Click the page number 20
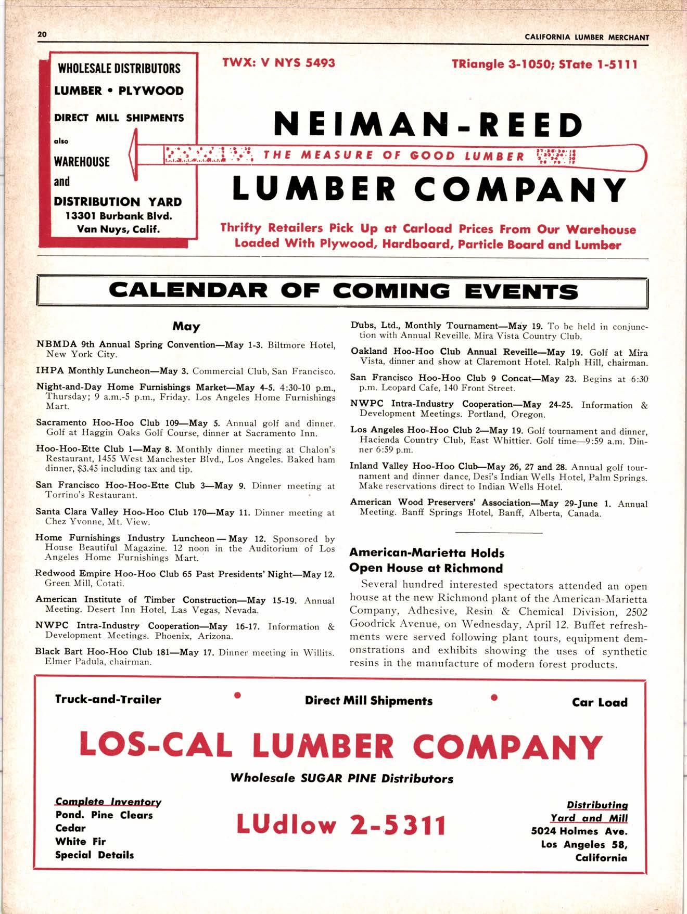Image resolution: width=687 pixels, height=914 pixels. coord(42,34)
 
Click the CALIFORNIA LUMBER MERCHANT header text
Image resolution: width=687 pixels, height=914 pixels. coord(587,37)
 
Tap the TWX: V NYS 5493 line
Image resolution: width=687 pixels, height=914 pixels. coord(278,63)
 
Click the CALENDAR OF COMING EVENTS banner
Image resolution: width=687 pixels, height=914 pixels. coord(343,291)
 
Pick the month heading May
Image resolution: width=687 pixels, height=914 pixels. coord(186,327)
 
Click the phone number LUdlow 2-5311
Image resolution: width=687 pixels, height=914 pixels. coord(341,825)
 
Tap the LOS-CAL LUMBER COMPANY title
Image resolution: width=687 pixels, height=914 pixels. coord(341,746)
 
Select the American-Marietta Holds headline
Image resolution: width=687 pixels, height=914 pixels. coord(427,553)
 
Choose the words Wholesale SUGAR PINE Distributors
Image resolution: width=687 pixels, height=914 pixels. coord(341,779)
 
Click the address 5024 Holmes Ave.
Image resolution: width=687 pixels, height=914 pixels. coord(579,831)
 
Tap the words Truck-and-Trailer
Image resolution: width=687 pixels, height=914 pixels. coord(108,700)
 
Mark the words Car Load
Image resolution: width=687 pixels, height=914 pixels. coord(600,702)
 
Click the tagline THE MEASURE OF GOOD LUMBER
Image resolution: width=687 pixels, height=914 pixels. coord(394,155)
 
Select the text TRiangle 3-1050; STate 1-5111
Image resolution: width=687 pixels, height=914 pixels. coord(544,64)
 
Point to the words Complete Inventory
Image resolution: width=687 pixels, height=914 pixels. coord(108,802)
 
